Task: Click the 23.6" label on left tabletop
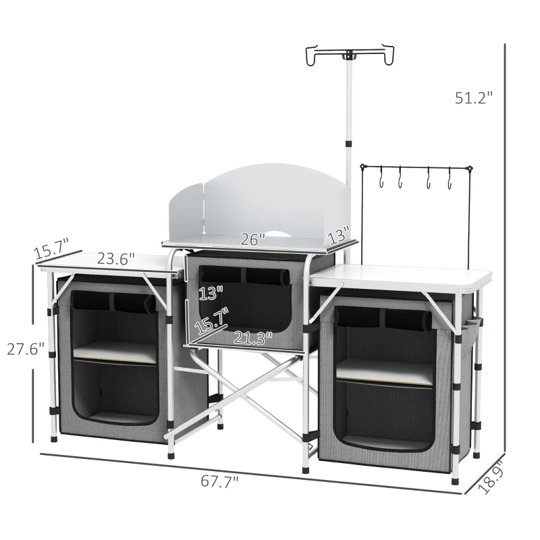[x=115, y=259]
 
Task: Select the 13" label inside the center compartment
[x=211, y=293]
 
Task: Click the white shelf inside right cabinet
[x=385, y=370]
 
